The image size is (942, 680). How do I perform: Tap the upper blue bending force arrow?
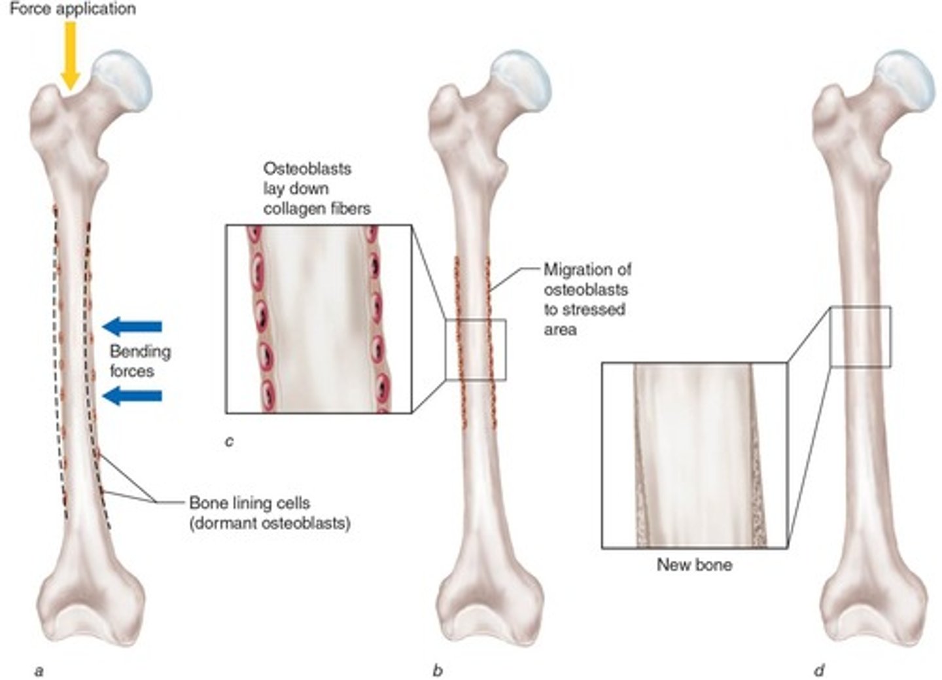pyautogui.click(x=133, y=326)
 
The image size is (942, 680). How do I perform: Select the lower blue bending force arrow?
pyautogui.click(x=133, y=395)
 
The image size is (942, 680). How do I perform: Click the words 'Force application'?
pyautogui.click(x=73, y=9)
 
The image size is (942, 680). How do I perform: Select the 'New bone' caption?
pyautogui.click(x=694, y=565)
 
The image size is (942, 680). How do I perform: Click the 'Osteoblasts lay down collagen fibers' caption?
pyautogui.click(x=317, y=188)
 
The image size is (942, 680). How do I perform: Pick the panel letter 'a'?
pyautogui.click(x=39, y=671)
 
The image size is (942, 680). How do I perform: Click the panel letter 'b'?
pyautogui.click(x=438, y=671)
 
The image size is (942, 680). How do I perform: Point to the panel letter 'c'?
pyautogui.click(x=229, y=442)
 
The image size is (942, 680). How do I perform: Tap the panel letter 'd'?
pyautogui.click(x=819, y=671)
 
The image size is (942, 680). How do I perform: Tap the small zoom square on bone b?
pyautogui.click(x=476, y=349)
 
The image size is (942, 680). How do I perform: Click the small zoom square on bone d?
pyautogui.click(x=860, y=336)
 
